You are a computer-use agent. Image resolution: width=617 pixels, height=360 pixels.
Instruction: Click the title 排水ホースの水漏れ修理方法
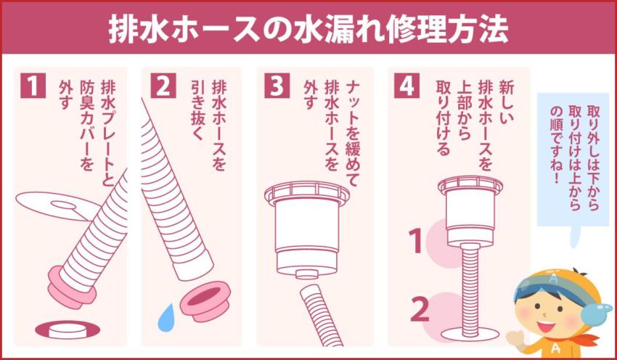click(308, 28)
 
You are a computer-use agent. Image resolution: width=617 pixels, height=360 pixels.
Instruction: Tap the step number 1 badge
click(33, 86)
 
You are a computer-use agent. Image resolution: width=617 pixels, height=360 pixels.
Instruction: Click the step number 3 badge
click(276, 86)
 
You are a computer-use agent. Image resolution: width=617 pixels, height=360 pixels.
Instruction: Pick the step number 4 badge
click(405, 86)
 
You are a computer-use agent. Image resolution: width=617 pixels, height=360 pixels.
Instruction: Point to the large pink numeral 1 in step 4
click(416, 242)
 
